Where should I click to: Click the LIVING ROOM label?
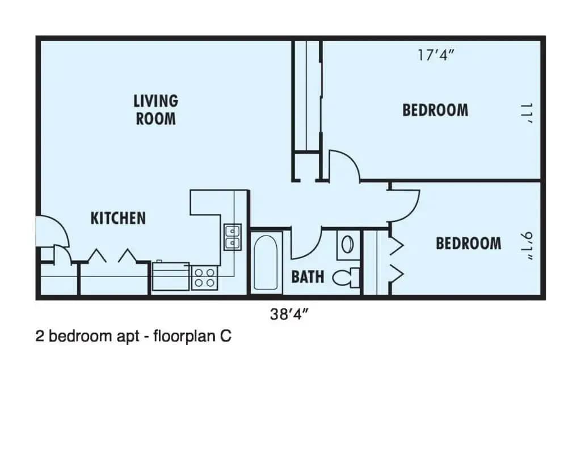click(x=155, y=110)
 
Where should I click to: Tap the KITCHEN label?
click(x=118, y=218)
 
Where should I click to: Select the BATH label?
click(x=308, y=277)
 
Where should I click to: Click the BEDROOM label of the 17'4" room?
click(x=435, y=110)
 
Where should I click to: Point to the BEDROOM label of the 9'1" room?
click(x=468, y=244)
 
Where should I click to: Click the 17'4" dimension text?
click(x=437, y=57)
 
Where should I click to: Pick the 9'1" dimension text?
click(x=527, y=244)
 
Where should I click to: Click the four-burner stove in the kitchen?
click(x=205, y=278)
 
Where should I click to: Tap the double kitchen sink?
click(x=232, y=237)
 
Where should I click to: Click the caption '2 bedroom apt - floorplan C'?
click(x=133, y=337)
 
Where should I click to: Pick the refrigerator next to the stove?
click(x=170, y=276)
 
